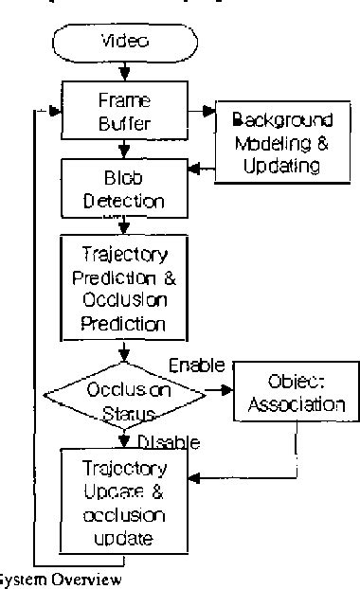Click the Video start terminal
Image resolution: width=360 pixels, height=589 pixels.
pos(124,43)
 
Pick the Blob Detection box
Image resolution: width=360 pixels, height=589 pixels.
pos(123,189)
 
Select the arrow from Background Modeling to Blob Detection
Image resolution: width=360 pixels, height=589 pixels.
pos(201,169)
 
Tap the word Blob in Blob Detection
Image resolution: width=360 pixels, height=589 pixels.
pos(123,179)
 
